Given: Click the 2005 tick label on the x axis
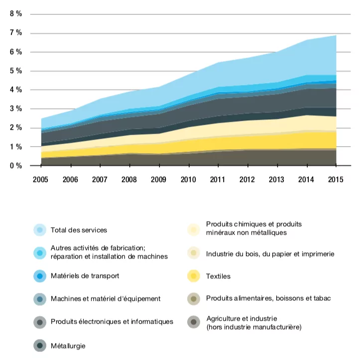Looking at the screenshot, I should click(x=41, y=180).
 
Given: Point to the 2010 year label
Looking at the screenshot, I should click(x=188, y=180).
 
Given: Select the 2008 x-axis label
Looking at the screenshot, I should click(x=129, y=180).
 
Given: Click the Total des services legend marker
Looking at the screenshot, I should click(x=40, y=230).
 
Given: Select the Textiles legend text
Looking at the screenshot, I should click(x=218, y=276).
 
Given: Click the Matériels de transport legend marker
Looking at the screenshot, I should click(x=40, y=275).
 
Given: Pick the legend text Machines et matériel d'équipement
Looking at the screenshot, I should click(x=106, y=299).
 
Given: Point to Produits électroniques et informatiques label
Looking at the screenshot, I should click(x=112, y=322).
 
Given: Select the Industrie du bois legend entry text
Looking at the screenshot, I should click(x=270, y=254).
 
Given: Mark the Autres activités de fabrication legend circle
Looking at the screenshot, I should click(x=40, y=253).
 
